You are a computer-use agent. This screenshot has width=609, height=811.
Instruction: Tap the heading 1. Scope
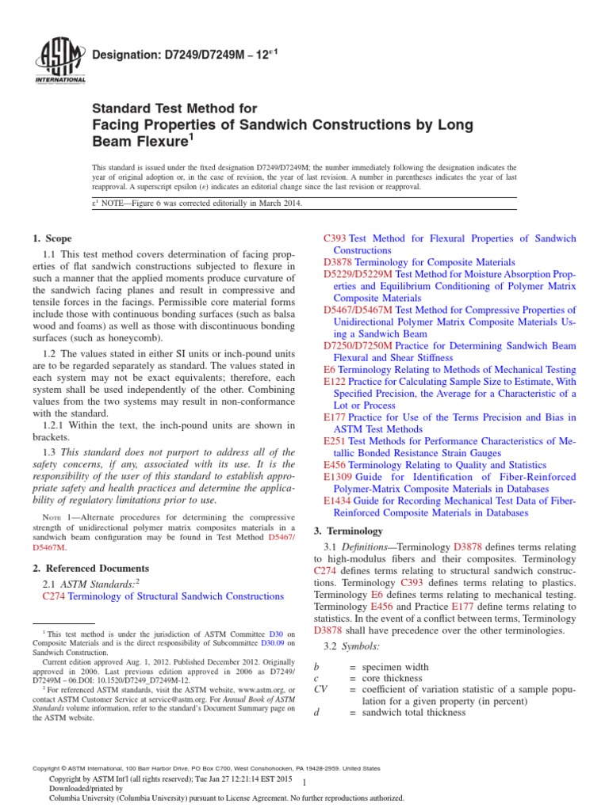(52, 238)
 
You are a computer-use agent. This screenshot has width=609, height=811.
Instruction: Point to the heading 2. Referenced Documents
(90, 568)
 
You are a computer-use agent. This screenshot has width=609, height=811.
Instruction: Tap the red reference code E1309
(338, 477)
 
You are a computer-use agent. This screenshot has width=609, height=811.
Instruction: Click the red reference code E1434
(338, 501)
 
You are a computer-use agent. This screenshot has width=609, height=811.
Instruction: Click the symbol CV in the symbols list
(321, 689)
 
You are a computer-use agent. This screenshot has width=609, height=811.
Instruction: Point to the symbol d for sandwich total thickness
(316, 712)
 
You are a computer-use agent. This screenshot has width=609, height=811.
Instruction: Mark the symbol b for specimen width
(316, 667)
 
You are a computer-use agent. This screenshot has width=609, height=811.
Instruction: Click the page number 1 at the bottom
(305, 781)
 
